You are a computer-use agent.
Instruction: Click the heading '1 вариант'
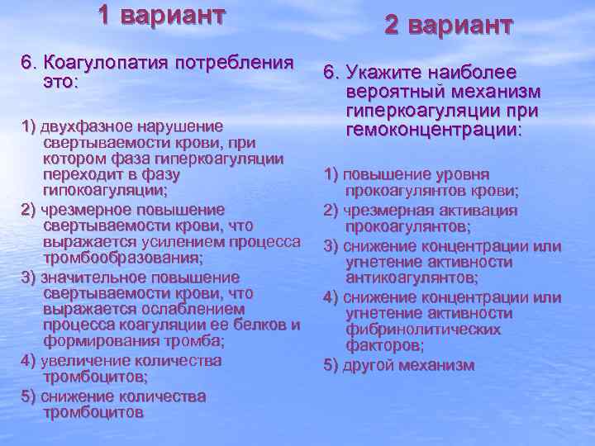(x=161, y=15)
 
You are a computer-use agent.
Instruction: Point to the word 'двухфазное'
(x=82, y=126)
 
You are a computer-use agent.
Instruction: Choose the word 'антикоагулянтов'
(x=411, y=278)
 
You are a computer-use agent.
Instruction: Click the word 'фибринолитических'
(x=423, y=329)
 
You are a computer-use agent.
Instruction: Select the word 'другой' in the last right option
(x=369, y=364)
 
